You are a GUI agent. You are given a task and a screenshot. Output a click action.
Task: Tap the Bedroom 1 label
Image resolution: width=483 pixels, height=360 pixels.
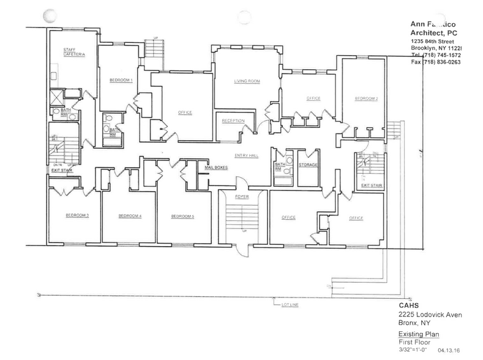[x=121, y=80]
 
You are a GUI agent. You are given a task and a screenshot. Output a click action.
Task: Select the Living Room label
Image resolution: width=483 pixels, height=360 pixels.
[x=244, y=81]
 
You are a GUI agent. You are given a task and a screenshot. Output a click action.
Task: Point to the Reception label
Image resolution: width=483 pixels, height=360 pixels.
[x=233, y=121]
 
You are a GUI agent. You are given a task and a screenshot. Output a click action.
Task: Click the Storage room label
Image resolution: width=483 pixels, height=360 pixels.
[x=307, y=165]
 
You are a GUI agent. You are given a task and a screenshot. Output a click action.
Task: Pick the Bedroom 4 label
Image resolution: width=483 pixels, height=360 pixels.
[x=130, y=216]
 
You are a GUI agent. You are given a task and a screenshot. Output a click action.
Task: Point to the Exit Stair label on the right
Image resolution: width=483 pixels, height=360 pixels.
[x=371, y=184]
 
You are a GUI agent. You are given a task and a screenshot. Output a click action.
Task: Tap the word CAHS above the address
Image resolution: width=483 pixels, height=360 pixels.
[x=400, y=307]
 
